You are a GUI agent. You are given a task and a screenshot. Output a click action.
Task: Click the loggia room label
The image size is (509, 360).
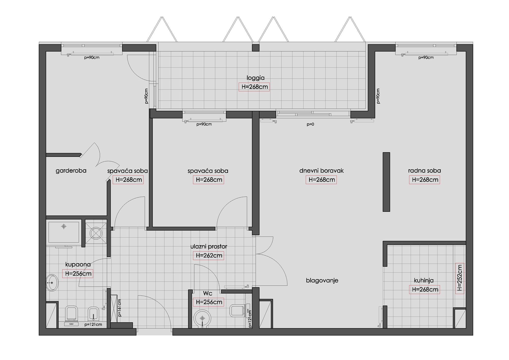(x=256, y=78)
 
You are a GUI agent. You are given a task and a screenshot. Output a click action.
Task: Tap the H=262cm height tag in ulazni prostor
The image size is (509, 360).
(x=209, y=255)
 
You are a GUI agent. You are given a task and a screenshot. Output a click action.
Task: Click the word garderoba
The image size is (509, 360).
(x=71, y=171)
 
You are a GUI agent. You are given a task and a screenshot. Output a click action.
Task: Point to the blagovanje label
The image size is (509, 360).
(x=322, y=281)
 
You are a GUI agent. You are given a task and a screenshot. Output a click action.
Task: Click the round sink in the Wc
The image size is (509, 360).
(x=202, y=318)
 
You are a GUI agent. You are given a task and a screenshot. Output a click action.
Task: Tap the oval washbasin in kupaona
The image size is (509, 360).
(x=52, y=283)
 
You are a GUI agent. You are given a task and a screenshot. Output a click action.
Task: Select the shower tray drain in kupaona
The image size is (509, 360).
(x=64, y=226)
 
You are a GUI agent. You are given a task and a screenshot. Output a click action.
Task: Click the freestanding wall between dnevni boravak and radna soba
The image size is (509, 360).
(x=386, y=182)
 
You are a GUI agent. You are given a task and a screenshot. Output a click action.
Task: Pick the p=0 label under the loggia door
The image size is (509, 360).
(x=310, y=124)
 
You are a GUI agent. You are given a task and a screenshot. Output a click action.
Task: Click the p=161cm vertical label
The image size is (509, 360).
(x=120, y=308)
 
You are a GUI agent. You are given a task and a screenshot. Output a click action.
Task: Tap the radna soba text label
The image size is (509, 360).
(x=425, y=171)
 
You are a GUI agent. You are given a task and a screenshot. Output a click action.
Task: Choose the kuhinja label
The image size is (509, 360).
(x=424, y=281)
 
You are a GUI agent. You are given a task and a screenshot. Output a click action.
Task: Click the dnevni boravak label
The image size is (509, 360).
(x=321, y=171)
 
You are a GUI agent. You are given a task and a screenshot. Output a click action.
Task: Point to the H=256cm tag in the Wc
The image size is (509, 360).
(x=209, y=302)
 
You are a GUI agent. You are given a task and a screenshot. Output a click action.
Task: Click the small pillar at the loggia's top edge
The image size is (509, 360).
(x=256, y=48)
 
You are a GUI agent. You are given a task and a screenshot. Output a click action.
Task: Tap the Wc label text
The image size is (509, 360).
(x=208, y=294)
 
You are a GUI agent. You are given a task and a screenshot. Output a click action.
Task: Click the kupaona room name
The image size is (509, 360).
(x=78, y=265)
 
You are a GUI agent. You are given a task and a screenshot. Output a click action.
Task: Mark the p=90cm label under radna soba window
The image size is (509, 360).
(x=426, y=58)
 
